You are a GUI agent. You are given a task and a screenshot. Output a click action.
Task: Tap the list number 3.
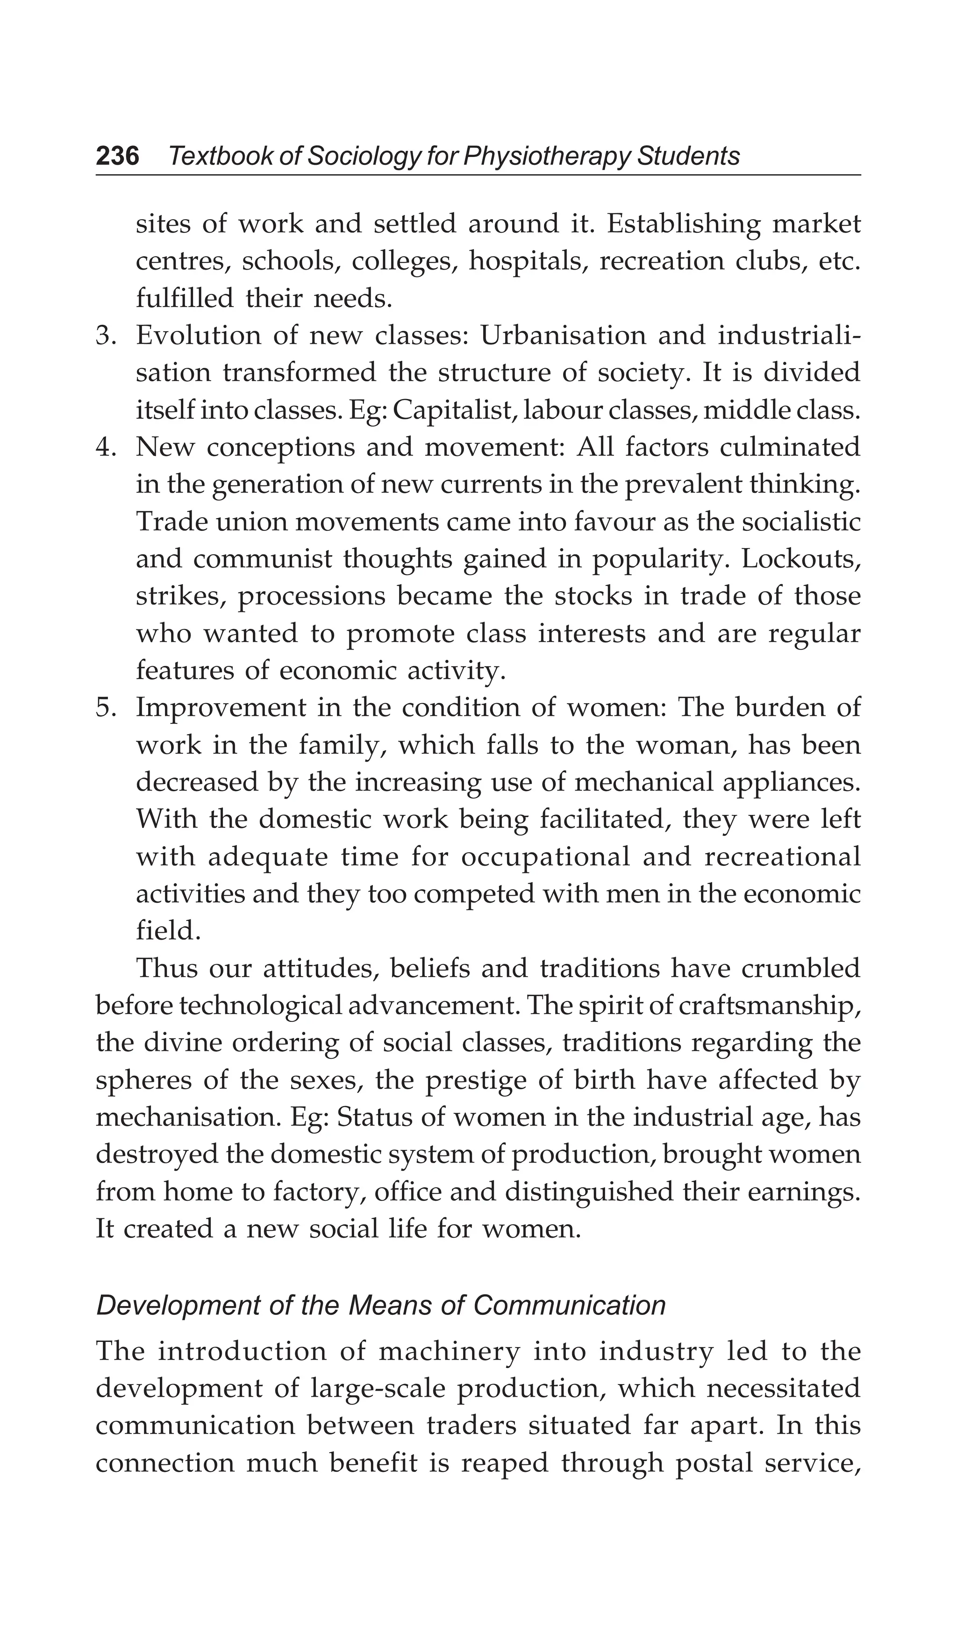coord(105,336)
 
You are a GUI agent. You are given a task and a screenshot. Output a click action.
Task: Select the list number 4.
coord(105,448)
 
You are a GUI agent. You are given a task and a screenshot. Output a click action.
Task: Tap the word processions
coord(311,597)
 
